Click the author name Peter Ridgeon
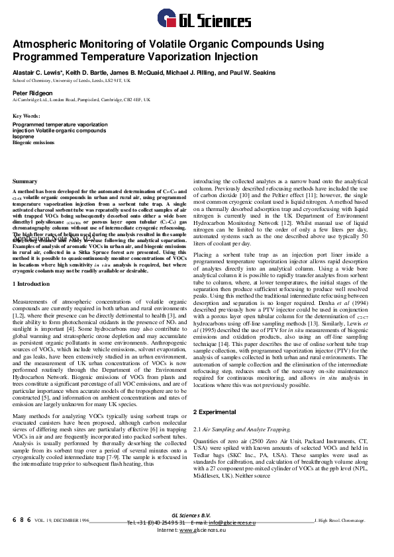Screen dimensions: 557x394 pos(30,93)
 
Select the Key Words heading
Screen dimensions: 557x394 pos(26,116)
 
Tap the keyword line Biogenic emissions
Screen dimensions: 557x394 pos(34,142)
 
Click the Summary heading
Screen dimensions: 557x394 pos(25,181)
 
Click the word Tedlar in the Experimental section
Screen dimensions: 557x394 pos(202,456)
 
